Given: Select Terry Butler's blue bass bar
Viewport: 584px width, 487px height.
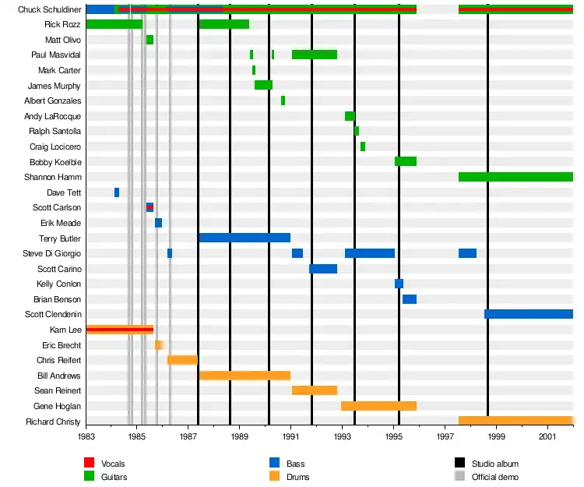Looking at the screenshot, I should [245, 238].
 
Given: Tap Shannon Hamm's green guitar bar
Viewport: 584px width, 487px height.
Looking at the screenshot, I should [515, 177].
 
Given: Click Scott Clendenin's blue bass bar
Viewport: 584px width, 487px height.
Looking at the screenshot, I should [528, 314].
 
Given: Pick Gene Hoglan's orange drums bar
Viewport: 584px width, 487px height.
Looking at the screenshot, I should [378, 406].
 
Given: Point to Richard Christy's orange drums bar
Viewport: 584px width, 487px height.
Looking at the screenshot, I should [515, 421].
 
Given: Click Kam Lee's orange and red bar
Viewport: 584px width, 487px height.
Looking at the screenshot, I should [119, 330].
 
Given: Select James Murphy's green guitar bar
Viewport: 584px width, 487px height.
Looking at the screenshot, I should [263, 85].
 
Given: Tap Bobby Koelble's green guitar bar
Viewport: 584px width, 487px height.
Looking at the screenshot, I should [405, 161].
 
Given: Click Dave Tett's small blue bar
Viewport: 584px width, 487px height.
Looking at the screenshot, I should [117, 192].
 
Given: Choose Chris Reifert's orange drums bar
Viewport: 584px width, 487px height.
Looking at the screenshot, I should [182, 360].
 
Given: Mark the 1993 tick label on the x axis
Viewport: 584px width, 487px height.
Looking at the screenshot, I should [343, 438].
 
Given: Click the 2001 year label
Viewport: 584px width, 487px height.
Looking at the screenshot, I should [548, 438].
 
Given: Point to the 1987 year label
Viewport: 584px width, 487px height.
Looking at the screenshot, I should [188, 438].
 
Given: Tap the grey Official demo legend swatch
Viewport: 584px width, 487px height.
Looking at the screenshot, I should [459, 477].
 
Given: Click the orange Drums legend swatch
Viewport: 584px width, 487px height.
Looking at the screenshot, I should [274, 477].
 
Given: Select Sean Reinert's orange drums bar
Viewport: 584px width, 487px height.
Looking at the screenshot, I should [314, 390].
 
